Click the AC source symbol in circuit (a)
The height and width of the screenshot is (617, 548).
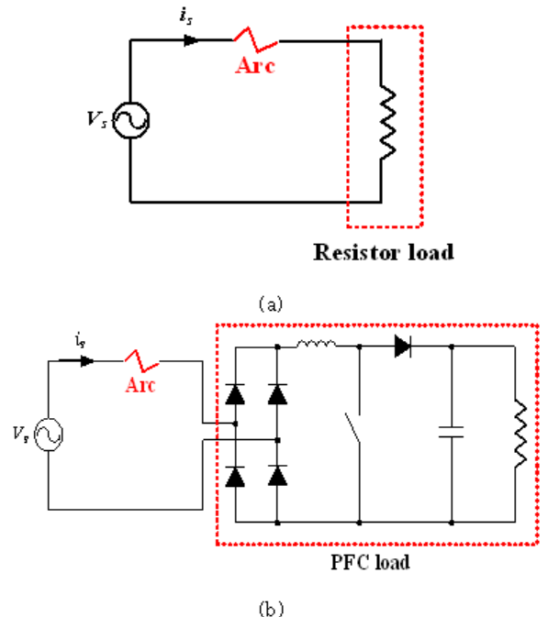pyautogui.click(x=130, y=120)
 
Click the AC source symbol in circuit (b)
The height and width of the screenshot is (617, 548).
pyautogui.click(x=49, y=435)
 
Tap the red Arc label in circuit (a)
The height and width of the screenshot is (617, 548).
pyautogui.click(x=255, y=65)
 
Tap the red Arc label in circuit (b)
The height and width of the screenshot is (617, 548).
pyautogui.click(x=140, y=385)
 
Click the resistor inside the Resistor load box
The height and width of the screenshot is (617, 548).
pyautogui.click(x=387, y=122)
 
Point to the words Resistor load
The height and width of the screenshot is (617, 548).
pyautogui.click(x=384, y=252)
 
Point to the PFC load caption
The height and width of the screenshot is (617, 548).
pyautogui.click(x=370, y=562)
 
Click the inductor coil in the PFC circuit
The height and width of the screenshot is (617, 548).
pyautogui.click(x=317, y=344)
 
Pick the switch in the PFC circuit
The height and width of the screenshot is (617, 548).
pyautogui.click(x=352, y=428)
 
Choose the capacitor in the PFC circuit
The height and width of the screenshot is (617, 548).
pyautogui.click(x=452, y=432)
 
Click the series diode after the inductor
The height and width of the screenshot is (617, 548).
pyautogui.click(x=403, y=347)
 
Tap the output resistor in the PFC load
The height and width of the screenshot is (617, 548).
pyautogui.click(x=520, y=434)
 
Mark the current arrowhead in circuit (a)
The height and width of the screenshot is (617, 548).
pyautogui.click(x=192, y=40)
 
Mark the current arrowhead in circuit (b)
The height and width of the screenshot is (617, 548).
pyautogui.click(x=87, y=361)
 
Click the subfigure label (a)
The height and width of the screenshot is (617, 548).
pyautogui.click(x=271, y=304)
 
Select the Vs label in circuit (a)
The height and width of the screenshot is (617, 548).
pyautogui.click(x=97, y=119)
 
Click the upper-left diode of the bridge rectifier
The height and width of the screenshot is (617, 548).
pyautogui.click(x=235, y=394)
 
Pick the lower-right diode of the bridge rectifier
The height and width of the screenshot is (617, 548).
pyautogui.click(x=277, y=476)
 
